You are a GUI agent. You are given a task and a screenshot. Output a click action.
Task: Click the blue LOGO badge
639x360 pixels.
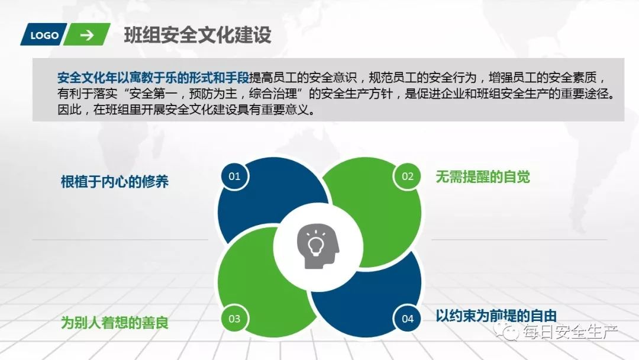[x=44, y=35]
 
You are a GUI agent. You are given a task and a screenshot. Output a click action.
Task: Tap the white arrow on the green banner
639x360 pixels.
[x=87, y=35]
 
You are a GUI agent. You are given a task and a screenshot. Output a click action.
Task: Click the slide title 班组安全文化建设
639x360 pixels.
[x=198, y=35]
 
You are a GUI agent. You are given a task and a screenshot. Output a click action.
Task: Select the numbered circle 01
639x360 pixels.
[x=234, y=176]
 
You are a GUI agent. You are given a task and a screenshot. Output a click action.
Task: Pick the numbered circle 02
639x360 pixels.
[x=408, y=176]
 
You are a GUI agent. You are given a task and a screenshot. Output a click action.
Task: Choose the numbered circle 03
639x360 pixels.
[x=234, y=319]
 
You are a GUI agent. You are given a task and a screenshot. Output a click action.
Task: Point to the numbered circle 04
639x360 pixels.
[x=408, y=319]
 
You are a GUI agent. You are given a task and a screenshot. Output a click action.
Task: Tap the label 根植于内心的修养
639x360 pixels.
[x=115, y=181]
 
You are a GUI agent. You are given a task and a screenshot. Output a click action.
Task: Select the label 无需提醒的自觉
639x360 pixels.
[x=483, y=176]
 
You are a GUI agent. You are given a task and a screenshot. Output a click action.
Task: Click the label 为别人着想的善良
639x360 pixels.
[x=115, y=323]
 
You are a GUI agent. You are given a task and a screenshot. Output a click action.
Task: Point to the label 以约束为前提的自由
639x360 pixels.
[x=496, y=316]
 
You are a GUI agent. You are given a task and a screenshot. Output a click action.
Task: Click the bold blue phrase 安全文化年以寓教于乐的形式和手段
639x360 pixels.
[x=153, y=78]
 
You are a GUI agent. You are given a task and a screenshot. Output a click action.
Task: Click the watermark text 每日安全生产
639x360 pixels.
[x=570, y=333]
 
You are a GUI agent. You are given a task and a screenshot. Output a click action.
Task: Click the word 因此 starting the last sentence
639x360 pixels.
[x=69, y=110]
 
